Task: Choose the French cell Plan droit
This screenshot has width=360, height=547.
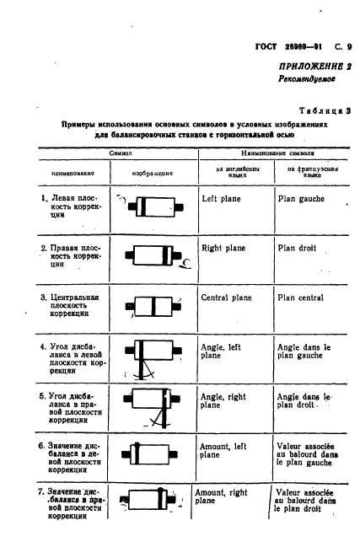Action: pos(299,249)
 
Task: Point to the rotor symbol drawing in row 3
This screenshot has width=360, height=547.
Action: pos(152,306)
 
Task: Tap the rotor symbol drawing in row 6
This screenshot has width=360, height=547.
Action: pos(151,453)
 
